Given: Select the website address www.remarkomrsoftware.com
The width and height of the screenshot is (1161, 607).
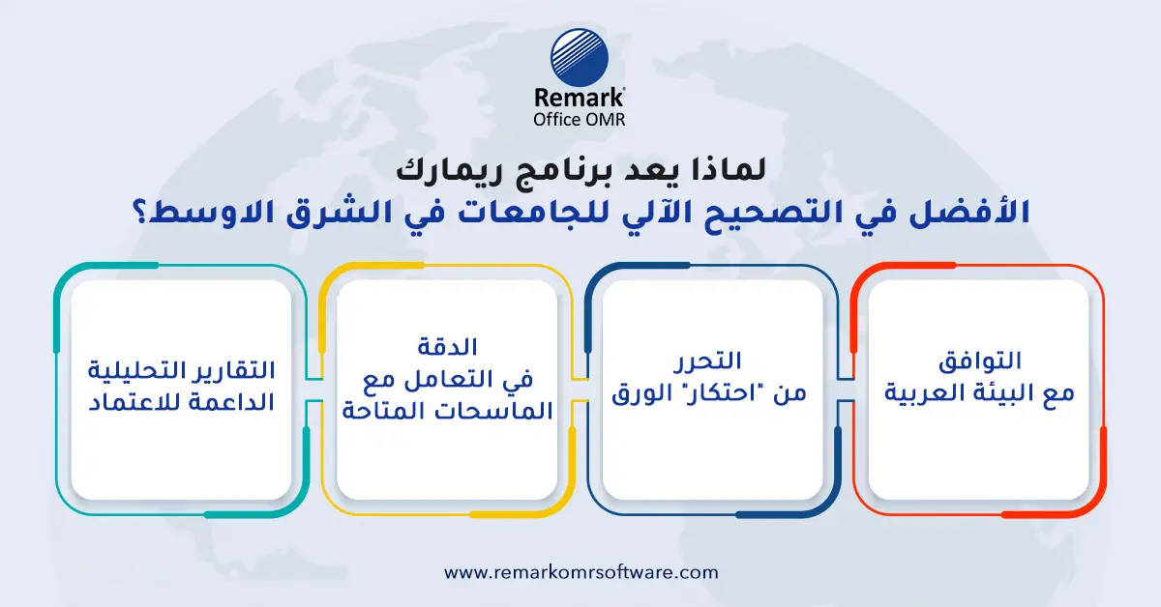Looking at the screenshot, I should pos(580,571).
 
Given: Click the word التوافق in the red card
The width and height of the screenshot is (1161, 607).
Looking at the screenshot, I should pos(979,361).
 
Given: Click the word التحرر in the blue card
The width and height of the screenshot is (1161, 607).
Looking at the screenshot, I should pos(712,361).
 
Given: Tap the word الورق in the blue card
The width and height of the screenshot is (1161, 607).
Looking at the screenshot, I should pos(643,395).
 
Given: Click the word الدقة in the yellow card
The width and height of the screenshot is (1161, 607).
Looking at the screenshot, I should pos(446,345).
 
